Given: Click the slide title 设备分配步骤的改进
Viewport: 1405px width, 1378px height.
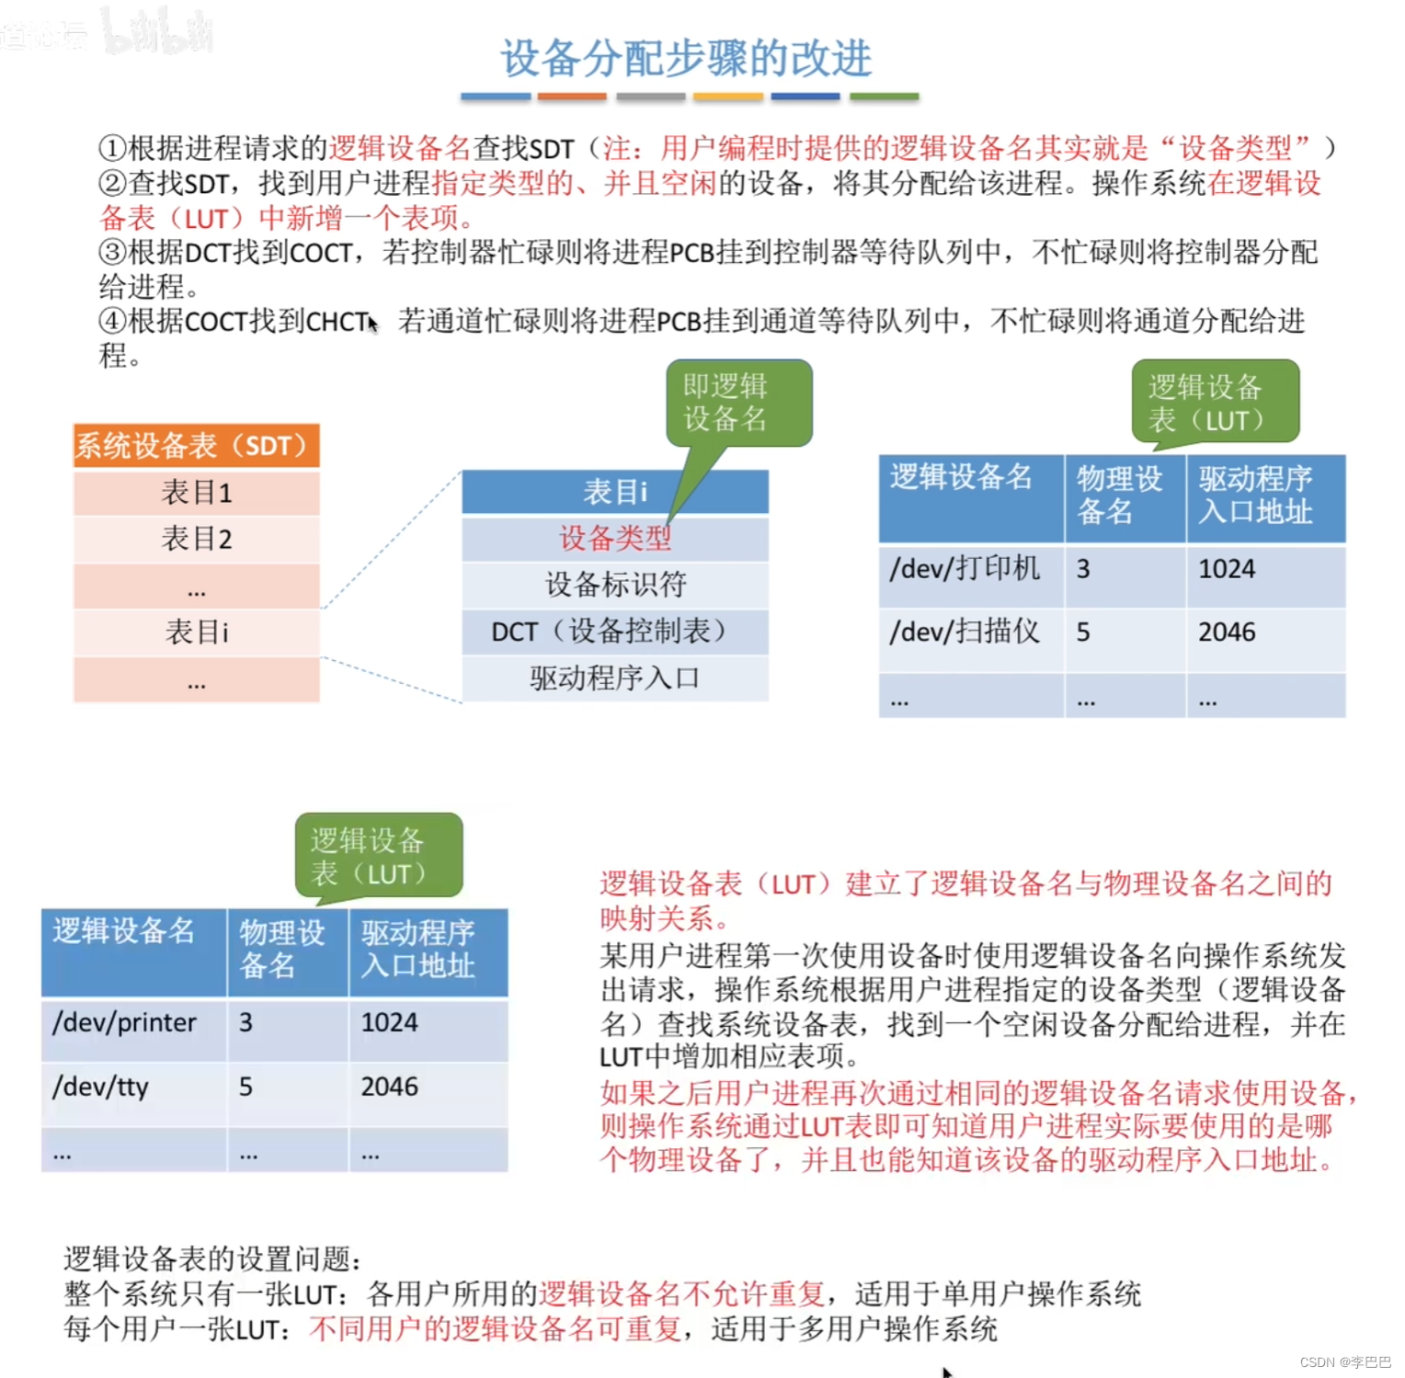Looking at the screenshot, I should pos(685,59).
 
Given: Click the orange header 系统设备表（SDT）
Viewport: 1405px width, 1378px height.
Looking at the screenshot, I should pos(196,446).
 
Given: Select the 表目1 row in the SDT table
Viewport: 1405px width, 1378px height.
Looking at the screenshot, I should pos(196,493).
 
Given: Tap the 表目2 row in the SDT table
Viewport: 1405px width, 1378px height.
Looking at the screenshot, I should pos(196,539).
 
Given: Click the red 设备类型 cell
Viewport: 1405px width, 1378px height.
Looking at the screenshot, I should pos(615,539).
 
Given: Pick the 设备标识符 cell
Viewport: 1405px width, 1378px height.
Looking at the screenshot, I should pos(615,585).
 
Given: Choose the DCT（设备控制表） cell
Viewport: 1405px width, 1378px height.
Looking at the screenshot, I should pos(615,632).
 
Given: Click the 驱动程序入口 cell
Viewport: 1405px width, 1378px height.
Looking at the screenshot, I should pos(615,678).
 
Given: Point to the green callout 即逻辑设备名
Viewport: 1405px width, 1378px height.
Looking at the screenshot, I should pos(737,403).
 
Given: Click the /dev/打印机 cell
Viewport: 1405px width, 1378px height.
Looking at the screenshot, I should pos(965,569).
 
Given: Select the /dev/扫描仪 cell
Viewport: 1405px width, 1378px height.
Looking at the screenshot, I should pos(965,632).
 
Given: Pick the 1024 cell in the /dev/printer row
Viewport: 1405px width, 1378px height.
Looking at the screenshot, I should pos(390,1023).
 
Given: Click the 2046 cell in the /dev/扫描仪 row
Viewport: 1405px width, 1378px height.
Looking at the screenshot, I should pos(1228,632).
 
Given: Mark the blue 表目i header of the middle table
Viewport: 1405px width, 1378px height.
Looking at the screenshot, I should pos(615,492).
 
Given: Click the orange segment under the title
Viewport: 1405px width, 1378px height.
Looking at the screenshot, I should pos(571,96).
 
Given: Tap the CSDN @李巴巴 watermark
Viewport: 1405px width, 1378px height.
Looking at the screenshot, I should pos(1345,1362).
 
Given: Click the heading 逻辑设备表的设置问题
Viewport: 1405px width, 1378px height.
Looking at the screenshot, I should pos(213,1259).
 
